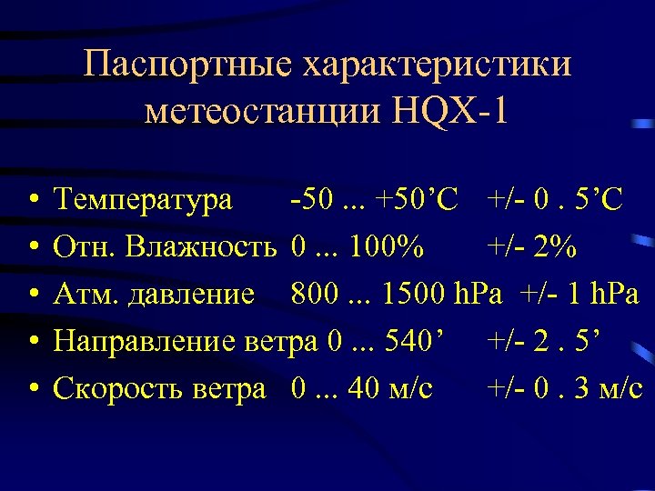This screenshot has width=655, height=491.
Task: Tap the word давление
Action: tap(203, 294)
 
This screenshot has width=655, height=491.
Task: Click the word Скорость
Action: tap(120, 388)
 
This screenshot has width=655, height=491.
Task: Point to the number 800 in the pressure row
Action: tap(314, 294)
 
